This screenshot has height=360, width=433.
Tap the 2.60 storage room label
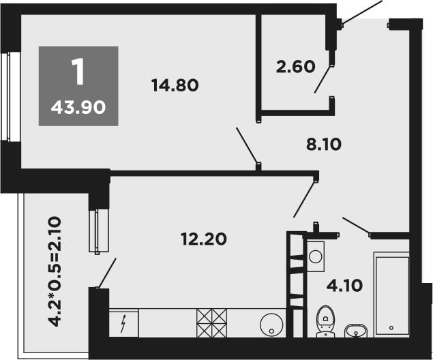tap(295, 67)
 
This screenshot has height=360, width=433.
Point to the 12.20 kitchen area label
tap(203, 239)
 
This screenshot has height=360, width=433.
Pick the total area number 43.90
tap(78, 106)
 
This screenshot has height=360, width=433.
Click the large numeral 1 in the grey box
tap(78, 72)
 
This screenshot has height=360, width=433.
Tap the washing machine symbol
tap(315, 256)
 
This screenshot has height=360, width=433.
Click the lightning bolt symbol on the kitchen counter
tap(123, 323)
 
